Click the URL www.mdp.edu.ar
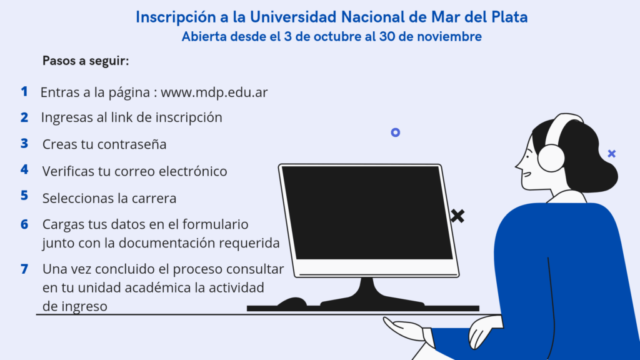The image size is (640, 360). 214,92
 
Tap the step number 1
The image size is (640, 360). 24,91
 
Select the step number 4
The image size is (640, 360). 24,169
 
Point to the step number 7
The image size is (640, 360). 24,269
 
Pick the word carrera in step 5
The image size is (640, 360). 154,199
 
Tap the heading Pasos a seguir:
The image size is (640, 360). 86,61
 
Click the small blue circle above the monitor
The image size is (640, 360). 395,132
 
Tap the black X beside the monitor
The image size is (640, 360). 457,216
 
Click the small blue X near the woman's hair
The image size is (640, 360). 611,153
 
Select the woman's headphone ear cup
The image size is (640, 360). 551,157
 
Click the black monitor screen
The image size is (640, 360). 367,212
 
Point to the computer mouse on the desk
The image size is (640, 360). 292,303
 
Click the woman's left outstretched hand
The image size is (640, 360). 403,328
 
